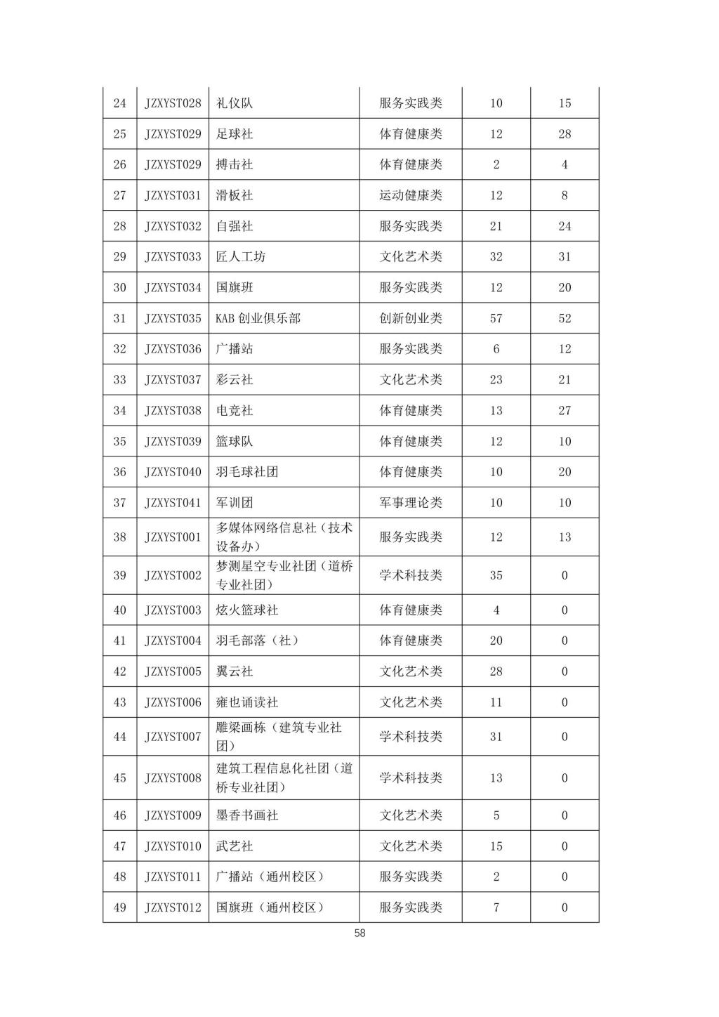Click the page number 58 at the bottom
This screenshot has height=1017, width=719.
tap(359, 933)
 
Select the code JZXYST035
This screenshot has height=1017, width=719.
tap(173, 318)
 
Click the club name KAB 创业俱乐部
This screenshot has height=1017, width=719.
tap(258, 318)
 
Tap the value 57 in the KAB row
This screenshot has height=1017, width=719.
tap(496, 318)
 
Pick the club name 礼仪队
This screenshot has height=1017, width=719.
tap(235, 103)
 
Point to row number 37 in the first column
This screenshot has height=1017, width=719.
tap(119, 503)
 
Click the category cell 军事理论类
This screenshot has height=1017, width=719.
tap(411, 503)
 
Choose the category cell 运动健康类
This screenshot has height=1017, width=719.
tap(411, 195)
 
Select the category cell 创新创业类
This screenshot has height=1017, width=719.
tap(411, 318)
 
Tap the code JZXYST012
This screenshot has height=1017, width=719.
tap(173, 907)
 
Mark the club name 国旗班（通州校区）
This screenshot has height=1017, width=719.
tap(270, 907)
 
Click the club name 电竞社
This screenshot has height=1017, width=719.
tap(235, 410)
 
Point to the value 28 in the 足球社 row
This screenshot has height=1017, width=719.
tap(565, 134)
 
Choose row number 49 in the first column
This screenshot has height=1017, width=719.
tap(119, 907)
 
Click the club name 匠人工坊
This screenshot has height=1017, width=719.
tap(241, 257)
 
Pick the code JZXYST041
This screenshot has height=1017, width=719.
tap(173, 503)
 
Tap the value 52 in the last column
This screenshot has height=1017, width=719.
tap(565, 318)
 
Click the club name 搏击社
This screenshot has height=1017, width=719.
tap(235, 164)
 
